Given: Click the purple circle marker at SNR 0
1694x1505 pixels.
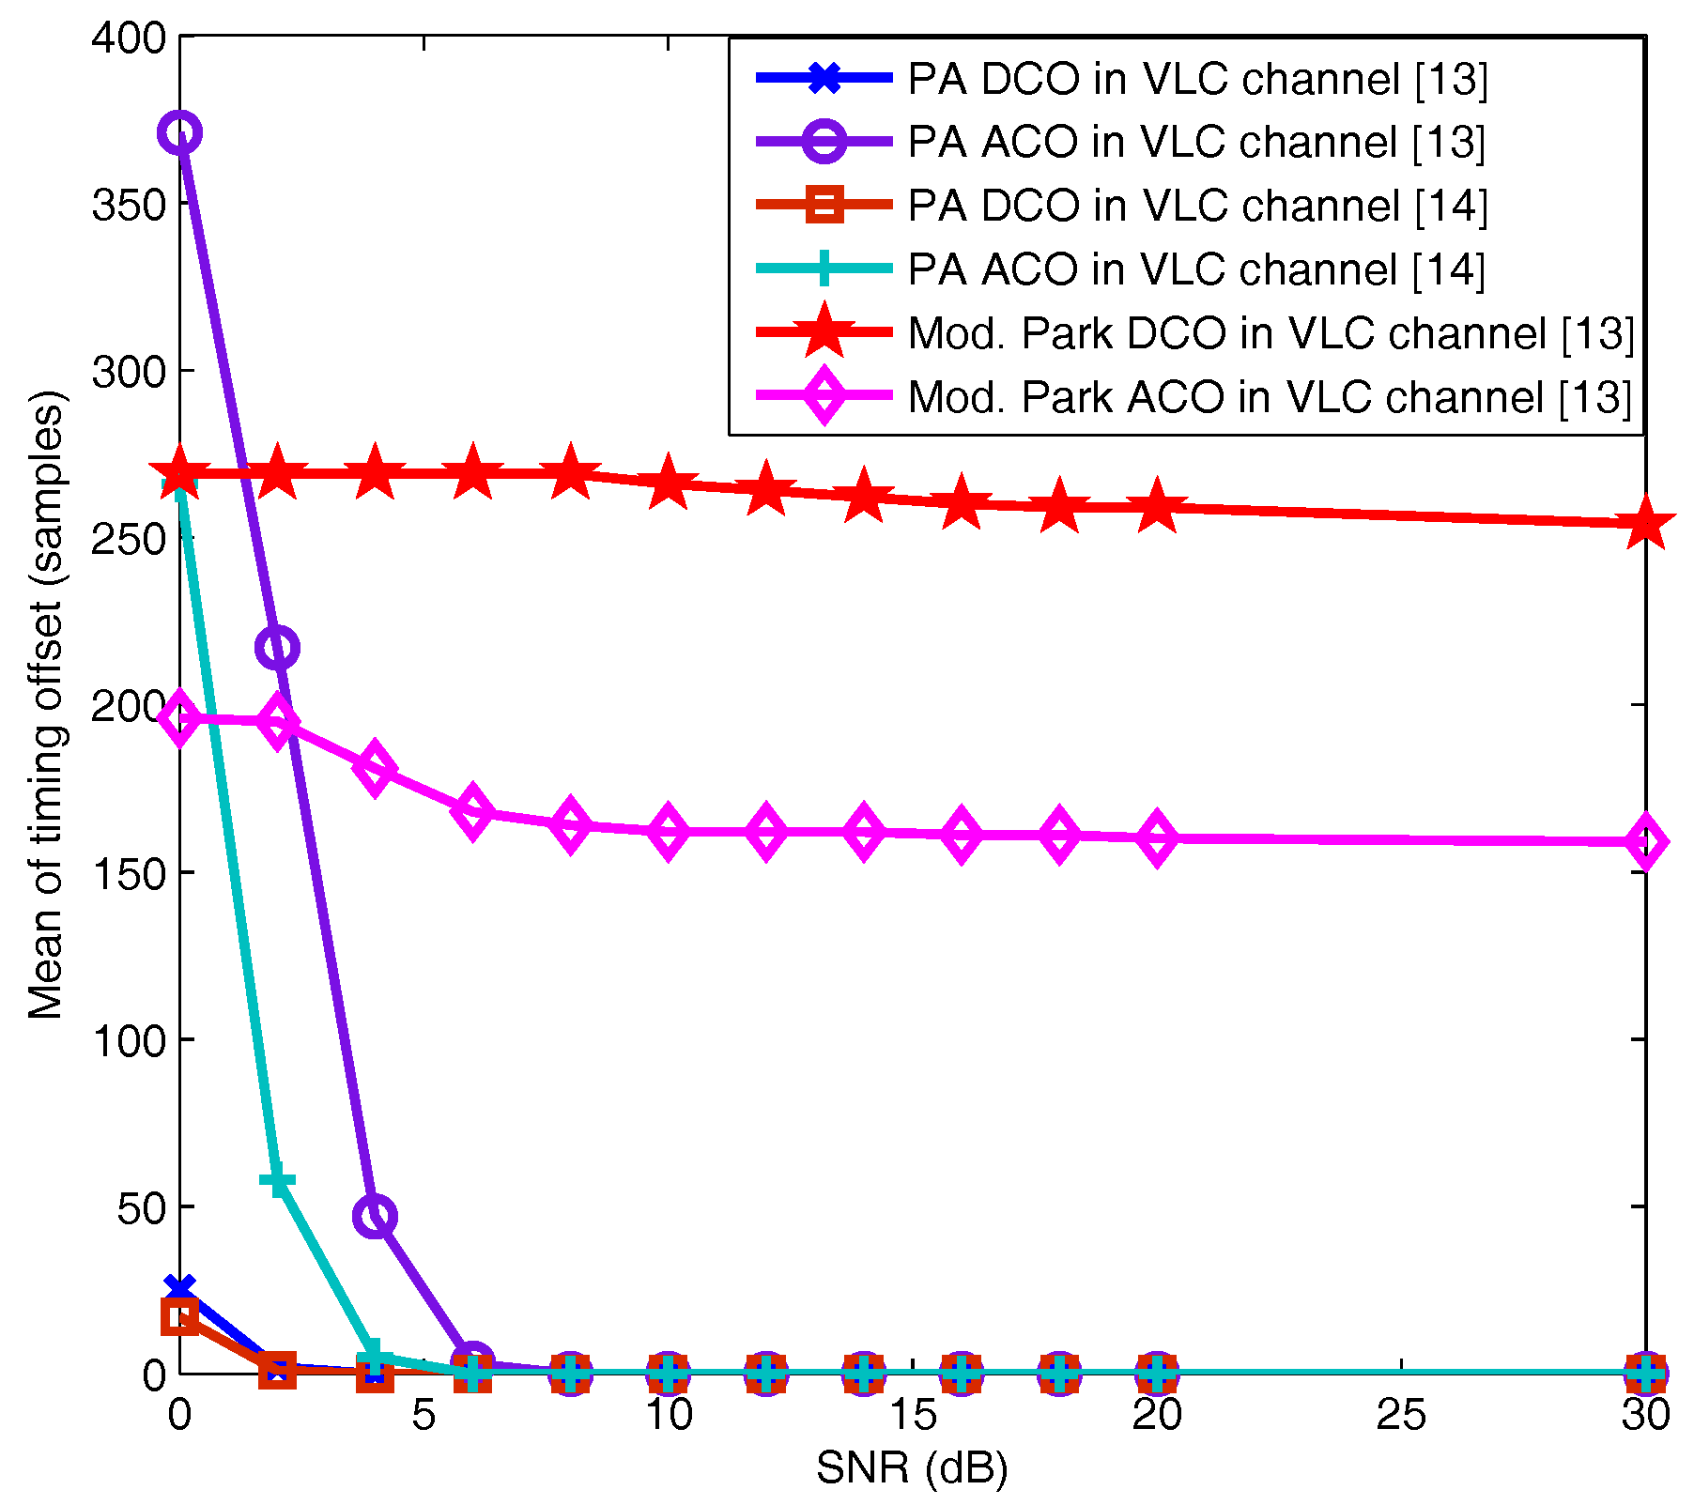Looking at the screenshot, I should pyautogui.click(x=180, y=133).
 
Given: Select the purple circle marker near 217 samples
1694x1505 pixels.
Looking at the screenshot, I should pyautogui.click(x=277, y=648).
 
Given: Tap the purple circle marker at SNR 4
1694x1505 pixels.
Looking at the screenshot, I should pyautogui.click(x=375, y=1217).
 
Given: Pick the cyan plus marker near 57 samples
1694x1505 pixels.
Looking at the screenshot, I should pyautogui.click(x=277, y=1181).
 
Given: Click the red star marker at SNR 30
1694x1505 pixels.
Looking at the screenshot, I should pyautogui.click(x=1645, y=524).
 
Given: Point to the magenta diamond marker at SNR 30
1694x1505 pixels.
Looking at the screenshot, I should pyautogui.click(x=1645, y=841).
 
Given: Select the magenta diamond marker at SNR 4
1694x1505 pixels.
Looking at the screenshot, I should pyautogui.click(x=375, y=767).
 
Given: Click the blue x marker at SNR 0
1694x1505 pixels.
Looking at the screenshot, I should pyautogui.click(x=180, y=1288).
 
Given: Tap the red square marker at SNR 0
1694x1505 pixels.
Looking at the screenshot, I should pyautogui.click(x=180, y=1316).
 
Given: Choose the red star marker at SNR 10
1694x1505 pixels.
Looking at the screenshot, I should pyautogui.click(x=668, y=484).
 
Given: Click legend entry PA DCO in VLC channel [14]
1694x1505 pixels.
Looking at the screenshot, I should pyautogui.click(x=1197, y=206).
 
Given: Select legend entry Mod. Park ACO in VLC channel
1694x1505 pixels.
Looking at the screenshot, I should pyautogui.click(x=1270, y=397).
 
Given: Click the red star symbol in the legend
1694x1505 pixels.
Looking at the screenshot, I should pyautogui.click(x=824, y=332).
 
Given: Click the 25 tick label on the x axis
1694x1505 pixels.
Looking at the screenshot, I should pyautogui.click(x=1401, y=1416).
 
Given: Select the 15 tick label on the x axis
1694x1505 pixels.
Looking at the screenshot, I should pyautogui.click(x=912, y=1416).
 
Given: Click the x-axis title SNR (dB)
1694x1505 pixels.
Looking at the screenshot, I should pyautogui.click(x=912, y=1468).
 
